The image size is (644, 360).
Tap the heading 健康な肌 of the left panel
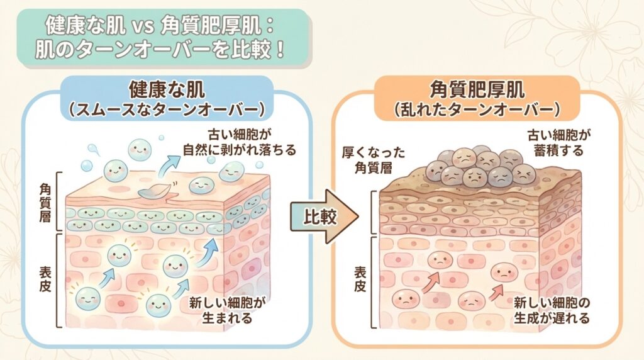pyautogui.click(x=165, y=88)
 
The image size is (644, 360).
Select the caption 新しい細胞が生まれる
pyautogui.click(x=227, y=310)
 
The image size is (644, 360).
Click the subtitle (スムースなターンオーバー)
pyautogui.click(x=165, y=110)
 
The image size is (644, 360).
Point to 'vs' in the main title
pyautogui.click(x=139, y=25)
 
